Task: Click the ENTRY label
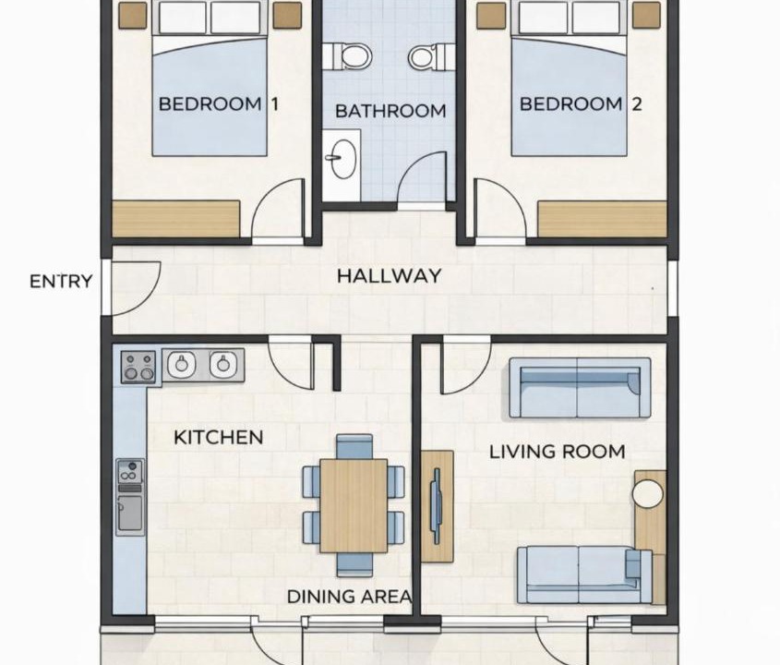61,281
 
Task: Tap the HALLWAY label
389,276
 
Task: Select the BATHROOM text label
390,111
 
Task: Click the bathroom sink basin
343,159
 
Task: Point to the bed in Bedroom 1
210,79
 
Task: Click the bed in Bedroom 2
570,79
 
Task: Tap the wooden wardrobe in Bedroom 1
176,219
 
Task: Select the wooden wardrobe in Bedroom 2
602,219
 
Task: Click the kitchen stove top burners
138,367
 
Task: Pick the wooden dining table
354,506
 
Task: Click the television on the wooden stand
437,506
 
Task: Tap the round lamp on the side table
648,493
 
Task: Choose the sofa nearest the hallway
580,388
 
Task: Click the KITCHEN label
219,438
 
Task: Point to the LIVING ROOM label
558,452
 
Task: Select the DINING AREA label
350,596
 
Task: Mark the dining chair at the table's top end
354,446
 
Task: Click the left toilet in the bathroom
348,56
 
